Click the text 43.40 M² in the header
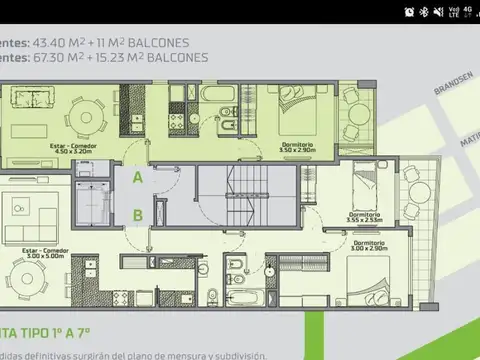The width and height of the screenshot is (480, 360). tap(59, 43)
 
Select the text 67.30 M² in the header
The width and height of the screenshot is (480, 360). tap(59, 58)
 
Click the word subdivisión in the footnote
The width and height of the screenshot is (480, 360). tap(235, 354)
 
